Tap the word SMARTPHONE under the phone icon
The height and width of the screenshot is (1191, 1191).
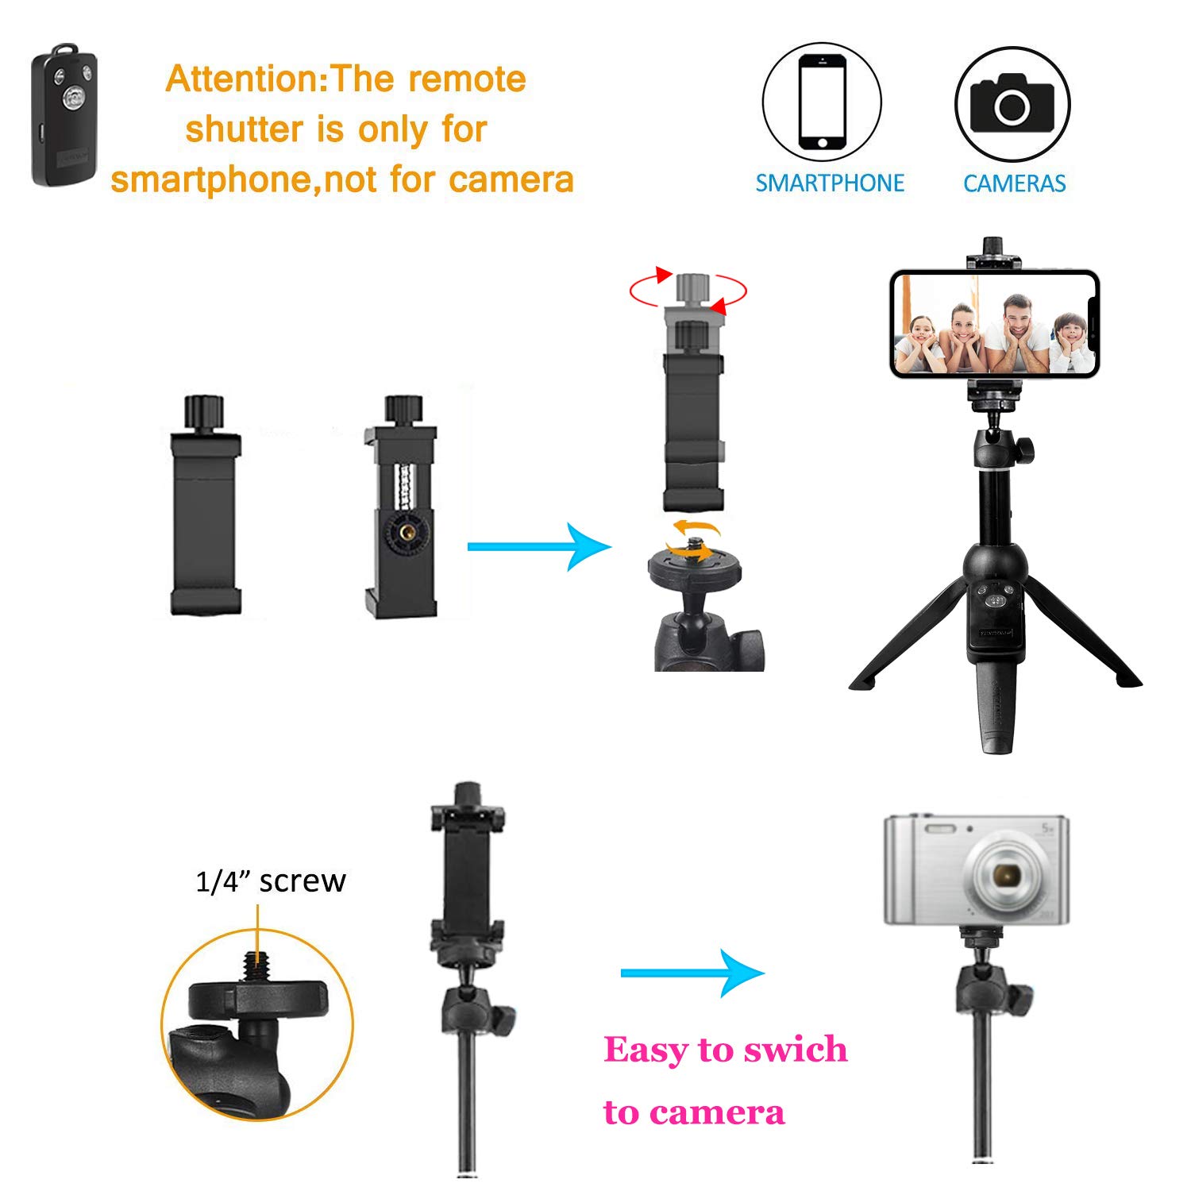tap(829, 183)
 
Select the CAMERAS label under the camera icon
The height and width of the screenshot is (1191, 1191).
tap(1014, 183)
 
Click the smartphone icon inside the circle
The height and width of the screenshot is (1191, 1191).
tap(822, 102)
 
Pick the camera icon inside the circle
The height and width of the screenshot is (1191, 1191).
tap(1012, 103)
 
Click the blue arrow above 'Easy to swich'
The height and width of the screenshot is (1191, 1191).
tap(692, 973)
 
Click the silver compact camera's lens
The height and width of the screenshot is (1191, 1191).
tap(1007, 875)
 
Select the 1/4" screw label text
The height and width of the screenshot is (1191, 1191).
tap(270, 881)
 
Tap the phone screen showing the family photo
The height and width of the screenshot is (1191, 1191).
tap(993, 324)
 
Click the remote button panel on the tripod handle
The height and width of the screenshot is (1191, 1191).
tap(996, 599)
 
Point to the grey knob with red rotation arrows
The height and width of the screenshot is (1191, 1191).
tap(693, 288)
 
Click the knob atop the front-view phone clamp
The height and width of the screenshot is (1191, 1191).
tap(205, 412)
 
